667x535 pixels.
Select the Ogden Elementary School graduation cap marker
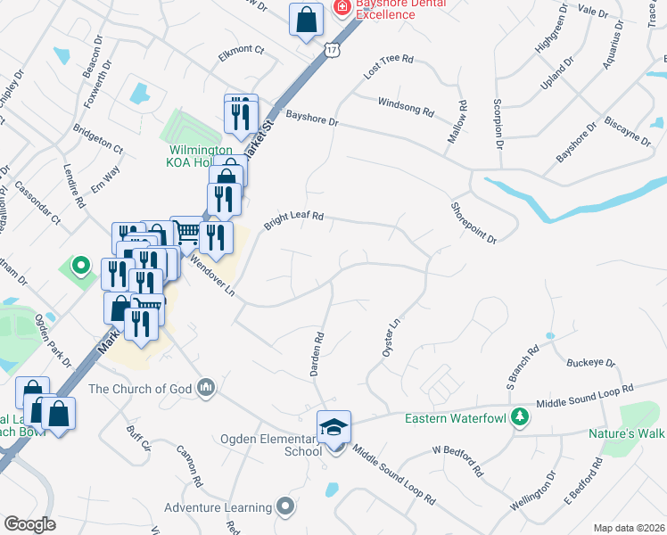[x=334, y=427]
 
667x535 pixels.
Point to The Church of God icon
[x=207, y=387]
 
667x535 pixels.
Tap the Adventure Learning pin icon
[x=285, y=507]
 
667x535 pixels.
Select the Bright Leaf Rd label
[x=293, y=219]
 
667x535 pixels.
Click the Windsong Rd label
[x=406, y=108]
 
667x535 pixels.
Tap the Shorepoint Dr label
[x=473, y=220]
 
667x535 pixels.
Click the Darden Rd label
[x=318, y=354]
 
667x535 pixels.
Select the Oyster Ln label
[x=389, y=340]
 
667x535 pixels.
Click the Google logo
[x=29, y=524]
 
